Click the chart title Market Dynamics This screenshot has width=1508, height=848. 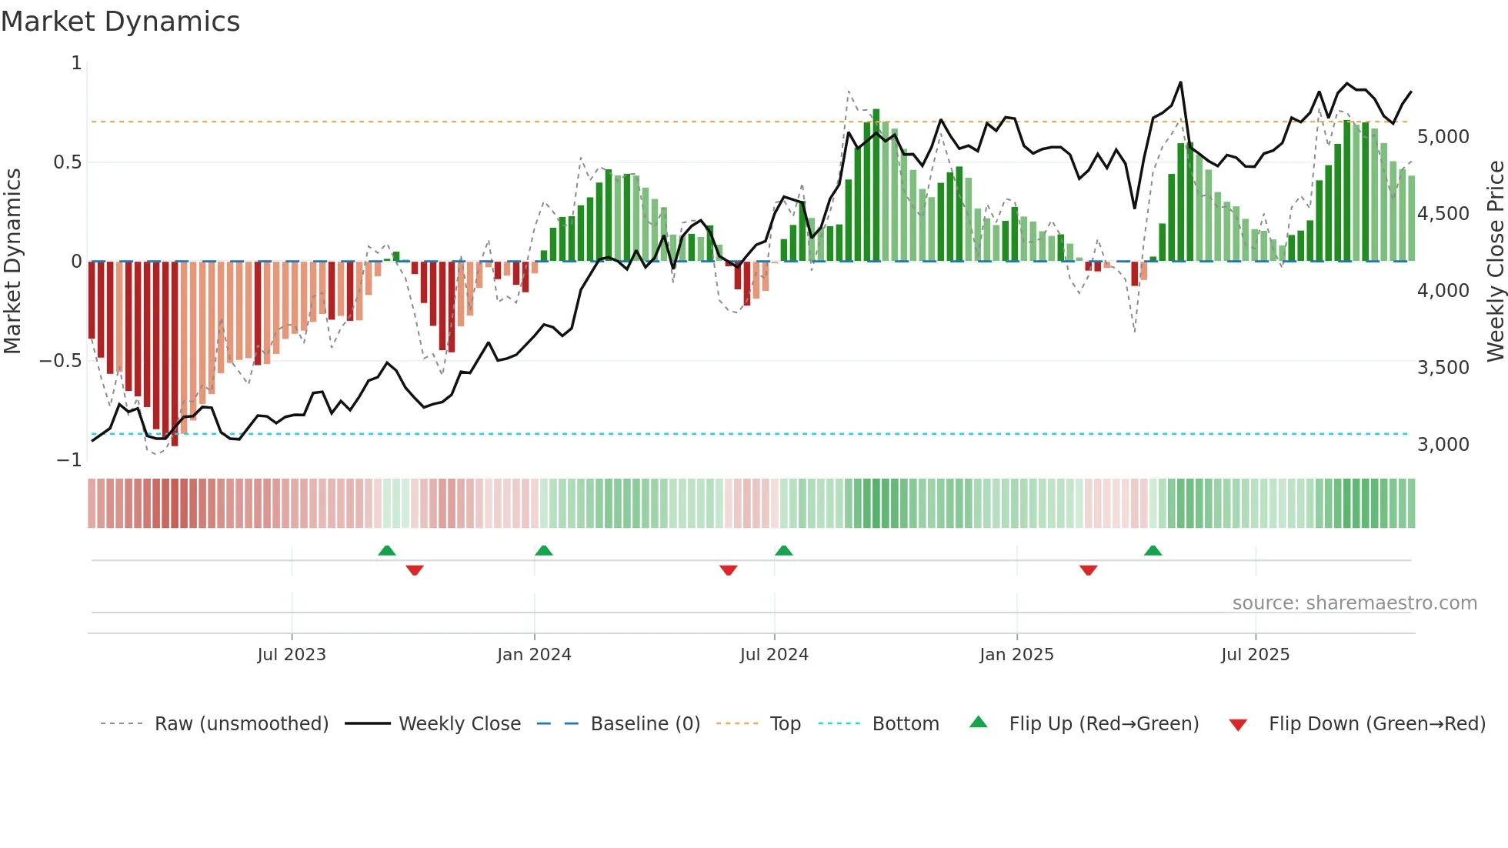tap(121, 22)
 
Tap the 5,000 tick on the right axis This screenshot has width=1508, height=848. tap(1443, 137)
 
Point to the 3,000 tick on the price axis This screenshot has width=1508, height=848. tap(1443, 445)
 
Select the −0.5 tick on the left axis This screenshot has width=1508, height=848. tap(60, 361)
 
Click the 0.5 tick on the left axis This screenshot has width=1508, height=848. tap(67, 162)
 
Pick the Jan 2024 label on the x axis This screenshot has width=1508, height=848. tap(534, 655)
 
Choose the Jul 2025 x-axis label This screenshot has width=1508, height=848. tap(1255, 655)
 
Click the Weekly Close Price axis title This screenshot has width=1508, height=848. tap(1495, 261)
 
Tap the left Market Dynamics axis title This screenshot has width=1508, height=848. tap(12, 261)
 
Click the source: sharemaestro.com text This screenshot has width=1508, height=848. tap(1354, 603)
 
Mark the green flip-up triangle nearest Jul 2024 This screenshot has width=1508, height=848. tap(783, 550)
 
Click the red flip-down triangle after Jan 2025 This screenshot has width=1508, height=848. tap(1088, 570)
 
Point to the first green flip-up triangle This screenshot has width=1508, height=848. tap(387, 550)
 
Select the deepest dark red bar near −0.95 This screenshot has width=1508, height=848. tap(175, 354)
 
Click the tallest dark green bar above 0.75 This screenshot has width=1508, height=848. tap(876, 185)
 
